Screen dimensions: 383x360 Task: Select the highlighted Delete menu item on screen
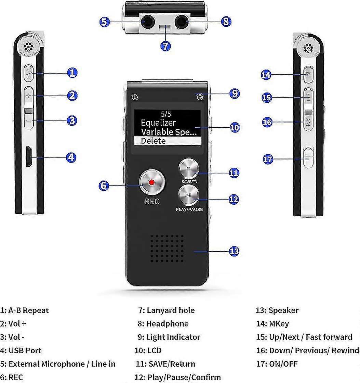167,141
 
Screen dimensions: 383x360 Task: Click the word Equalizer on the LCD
158,123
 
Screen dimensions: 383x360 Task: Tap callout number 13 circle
234,251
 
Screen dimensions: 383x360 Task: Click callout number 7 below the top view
165,46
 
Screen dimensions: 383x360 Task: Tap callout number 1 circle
72,73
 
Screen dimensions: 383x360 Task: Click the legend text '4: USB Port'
21,350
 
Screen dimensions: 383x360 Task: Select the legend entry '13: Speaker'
277,310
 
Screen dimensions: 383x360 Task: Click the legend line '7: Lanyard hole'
166,310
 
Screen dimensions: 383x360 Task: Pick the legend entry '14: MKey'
272,324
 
